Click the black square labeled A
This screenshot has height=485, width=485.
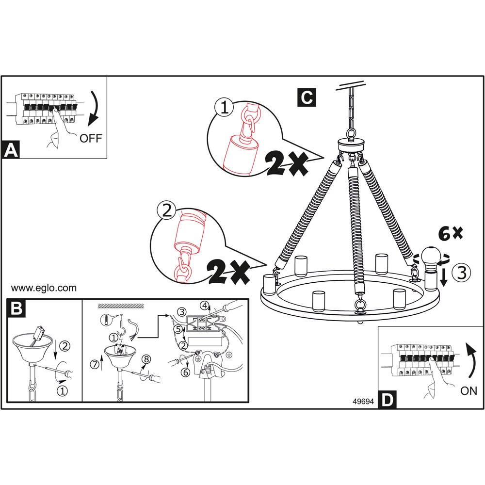(11, 150)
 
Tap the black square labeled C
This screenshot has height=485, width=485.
(306, 97)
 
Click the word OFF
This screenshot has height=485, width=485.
(91, 138)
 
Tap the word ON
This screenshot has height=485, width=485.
(469, 391)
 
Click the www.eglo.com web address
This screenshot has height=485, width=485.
(44, 288)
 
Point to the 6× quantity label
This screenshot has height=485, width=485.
(450, 234)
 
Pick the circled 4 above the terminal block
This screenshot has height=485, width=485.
(206, 306)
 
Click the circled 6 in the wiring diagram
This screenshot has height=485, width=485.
(184, 372)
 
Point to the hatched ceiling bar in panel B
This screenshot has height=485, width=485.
(121, 306)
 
